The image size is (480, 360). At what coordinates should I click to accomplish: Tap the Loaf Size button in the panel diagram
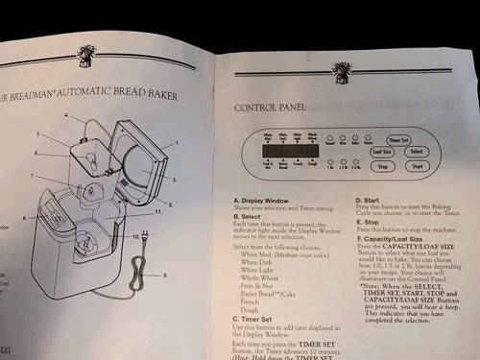point(381,151)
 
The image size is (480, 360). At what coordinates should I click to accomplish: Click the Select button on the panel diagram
point(416,151)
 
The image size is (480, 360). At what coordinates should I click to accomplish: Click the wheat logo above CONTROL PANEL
point(342,70)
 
